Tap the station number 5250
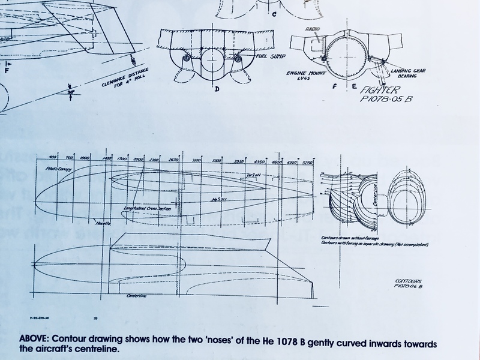(308, 162)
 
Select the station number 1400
(107, 158)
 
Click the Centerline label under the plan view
(137, 295)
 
